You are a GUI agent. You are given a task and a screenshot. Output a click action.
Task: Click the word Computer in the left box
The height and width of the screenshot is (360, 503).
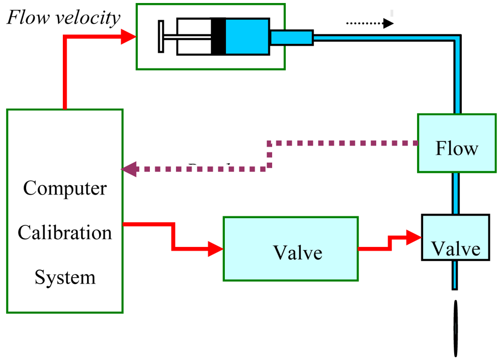point(65,189)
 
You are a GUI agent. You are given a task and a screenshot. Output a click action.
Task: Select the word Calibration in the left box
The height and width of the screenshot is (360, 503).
point(65,233)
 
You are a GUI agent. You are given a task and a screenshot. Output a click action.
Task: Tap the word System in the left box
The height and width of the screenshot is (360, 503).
point(65,277)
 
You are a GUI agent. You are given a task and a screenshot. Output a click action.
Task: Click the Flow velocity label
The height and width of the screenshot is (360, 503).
point(63,18)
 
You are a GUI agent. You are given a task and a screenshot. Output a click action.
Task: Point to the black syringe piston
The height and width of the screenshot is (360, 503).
point(218,36)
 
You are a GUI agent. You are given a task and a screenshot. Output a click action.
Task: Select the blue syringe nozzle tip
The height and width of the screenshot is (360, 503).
point(292,37)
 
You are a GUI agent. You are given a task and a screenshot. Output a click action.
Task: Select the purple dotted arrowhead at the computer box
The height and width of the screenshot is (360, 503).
point(129,169)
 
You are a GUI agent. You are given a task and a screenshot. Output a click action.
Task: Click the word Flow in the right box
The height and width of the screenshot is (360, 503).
point(457,149)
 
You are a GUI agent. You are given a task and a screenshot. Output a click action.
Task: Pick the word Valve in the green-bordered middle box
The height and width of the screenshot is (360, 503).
point(297,252)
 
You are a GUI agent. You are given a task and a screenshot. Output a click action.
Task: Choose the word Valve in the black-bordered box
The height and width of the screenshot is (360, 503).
point(456,249)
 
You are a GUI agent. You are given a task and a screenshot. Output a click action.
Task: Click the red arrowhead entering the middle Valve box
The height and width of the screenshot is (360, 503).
point(216,248)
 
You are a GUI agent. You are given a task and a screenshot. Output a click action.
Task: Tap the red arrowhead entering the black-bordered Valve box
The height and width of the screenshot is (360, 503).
point(414,237)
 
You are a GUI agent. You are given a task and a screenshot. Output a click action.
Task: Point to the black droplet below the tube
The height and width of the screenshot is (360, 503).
point(456,327)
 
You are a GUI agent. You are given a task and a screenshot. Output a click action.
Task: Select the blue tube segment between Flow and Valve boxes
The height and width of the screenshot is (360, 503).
point(455,193)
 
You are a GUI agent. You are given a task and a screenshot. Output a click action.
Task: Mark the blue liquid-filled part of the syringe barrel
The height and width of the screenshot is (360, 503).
point(247,36)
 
